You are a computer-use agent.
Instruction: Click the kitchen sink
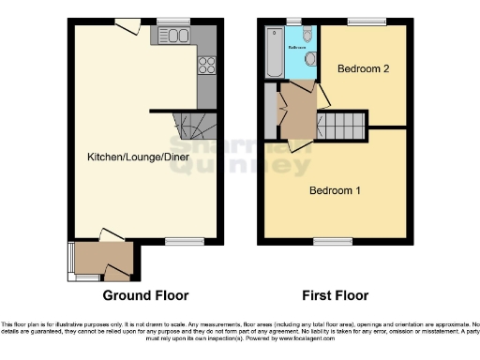(174, 36)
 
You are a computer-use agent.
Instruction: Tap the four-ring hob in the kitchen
(206, 65)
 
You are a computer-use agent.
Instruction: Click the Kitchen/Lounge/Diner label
(139, 157)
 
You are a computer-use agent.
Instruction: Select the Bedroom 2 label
(363, 68)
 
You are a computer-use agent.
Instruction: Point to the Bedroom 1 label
(336, 191)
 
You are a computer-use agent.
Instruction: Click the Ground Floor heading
(139, 295)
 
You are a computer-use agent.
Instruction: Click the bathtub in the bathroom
(274, 52)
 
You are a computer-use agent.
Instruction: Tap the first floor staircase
(343, 125)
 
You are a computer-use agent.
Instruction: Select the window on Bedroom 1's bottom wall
(326, 242)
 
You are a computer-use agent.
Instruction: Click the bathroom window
(295, 21)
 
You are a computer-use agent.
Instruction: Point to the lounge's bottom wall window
(178, 242)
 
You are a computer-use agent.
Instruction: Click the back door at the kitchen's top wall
(128, 25)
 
